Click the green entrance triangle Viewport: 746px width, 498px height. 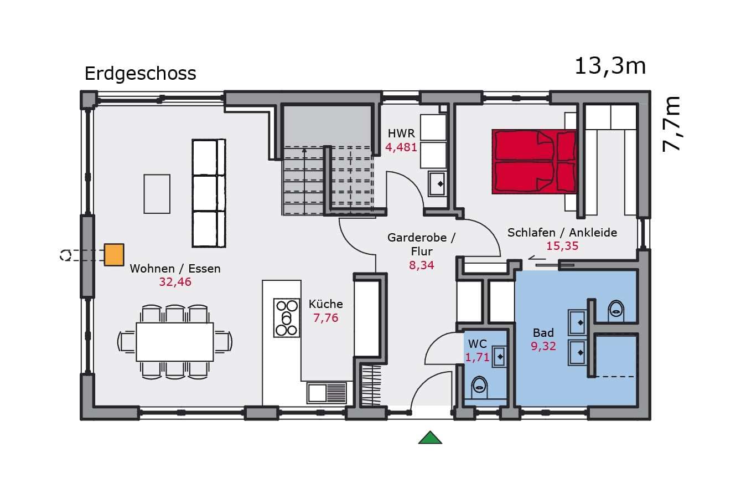(x=430, y=438)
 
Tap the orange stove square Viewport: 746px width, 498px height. (x=114, y=255)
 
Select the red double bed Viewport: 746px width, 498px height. (x=534, y=162)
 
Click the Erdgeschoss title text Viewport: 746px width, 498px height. (x=140, y=74)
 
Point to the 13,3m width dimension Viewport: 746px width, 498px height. (x=610, y=66)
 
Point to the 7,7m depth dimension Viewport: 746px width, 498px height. (x=671, y=124)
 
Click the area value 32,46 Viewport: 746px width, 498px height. (x=175, y=282)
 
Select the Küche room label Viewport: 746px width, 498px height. (x=326, y=304)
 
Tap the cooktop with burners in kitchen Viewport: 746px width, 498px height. (x=287, y=317)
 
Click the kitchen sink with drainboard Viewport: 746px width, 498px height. (x=327, y=393)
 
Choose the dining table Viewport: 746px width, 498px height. (x=175, y=342)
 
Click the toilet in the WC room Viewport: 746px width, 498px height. (x=479, y=387)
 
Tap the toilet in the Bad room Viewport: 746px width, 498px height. (x=616, y=311)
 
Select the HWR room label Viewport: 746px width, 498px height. (x=401, y=134)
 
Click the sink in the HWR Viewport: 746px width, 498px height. (x=437, y=184)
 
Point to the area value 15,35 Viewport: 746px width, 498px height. (x=562, y=246)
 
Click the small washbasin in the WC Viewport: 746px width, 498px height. (x=499, y=357)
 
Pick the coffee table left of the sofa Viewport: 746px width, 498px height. (x=157, y=194)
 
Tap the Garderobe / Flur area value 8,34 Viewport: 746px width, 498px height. (x=422, y=265)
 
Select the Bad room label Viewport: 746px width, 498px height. (x=543, y=333)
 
